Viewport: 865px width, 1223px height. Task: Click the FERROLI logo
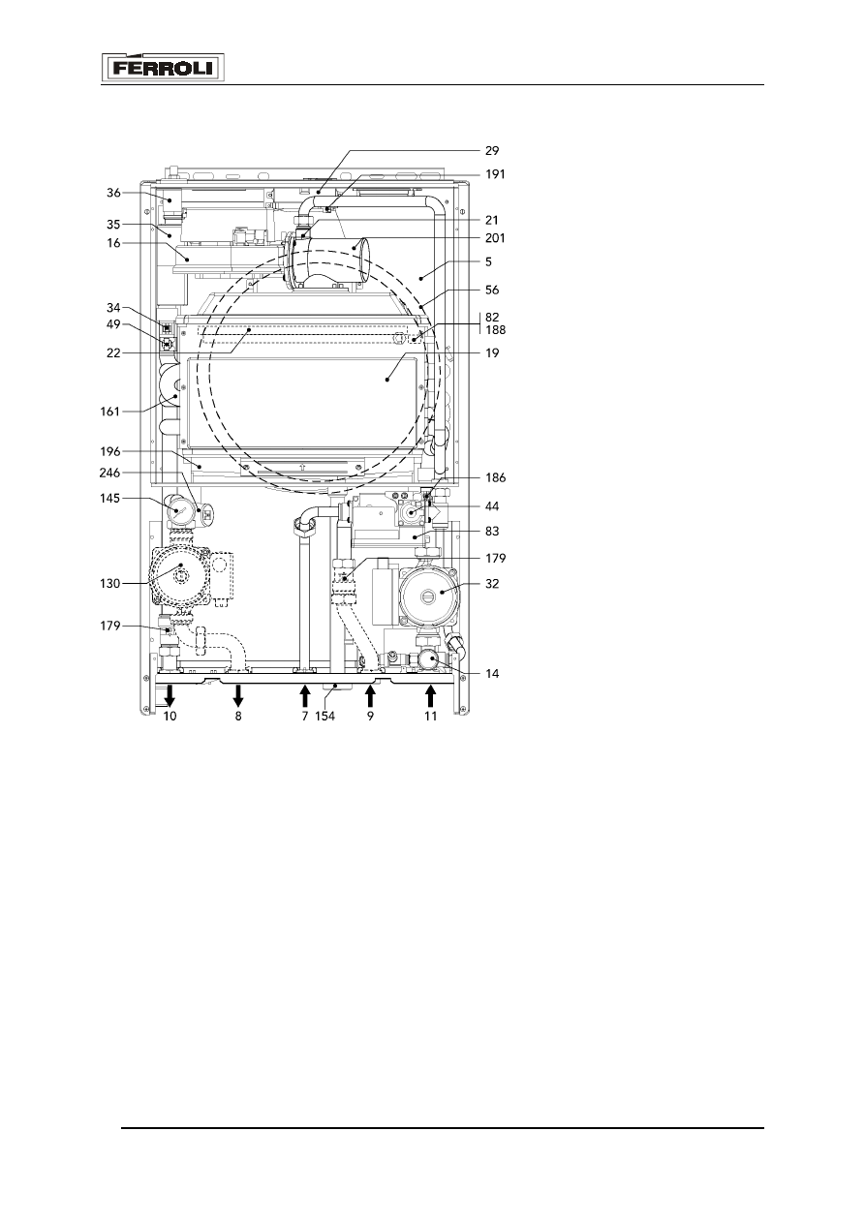point(163,68)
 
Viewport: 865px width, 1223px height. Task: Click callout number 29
point(492,151)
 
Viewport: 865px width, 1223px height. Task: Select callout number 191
point(495,174)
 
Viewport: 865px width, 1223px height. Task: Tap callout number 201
point(495,238)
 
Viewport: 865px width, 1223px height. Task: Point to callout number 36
point(113,193)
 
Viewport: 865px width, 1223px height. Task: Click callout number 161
point(109,412)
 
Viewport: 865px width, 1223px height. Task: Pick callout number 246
point(109,473)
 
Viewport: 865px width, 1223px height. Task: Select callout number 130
point(109,584)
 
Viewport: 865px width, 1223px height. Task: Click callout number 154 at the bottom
point(324,716)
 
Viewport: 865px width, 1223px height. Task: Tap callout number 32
point(492,584)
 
